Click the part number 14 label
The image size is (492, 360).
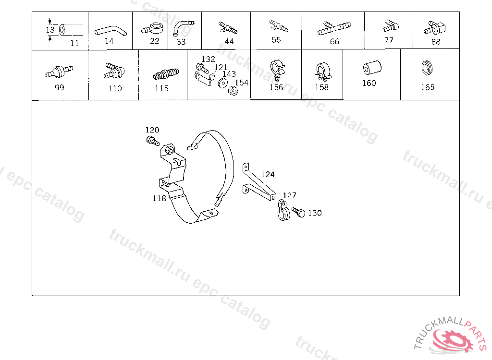click(109, 41)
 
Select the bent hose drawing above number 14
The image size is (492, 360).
click(111, 31)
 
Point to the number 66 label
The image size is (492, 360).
click(334, 41)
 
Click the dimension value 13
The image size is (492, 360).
click(50, 30)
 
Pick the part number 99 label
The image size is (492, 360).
click(59, 87)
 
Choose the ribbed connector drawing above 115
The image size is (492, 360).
click(166, 74)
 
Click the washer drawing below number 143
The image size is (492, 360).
click(223, 83)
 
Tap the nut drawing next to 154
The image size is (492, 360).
click(233, 91)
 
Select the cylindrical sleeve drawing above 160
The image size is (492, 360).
click(372, 67)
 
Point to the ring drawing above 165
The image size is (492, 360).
click(427, 67)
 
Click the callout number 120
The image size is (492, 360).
click(152, 130)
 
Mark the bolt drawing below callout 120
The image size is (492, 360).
click(153, 141)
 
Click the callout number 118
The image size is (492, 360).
click(159, 198)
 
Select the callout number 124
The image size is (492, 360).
click(268, 174)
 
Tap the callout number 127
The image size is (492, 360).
click(289, 195)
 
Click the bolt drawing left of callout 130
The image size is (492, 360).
click(298, 212)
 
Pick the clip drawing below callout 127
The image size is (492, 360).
click(283, 210)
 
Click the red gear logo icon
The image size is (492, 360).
click(452, 340)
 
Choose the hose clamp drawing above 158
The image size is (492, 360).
click(322, 72)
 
